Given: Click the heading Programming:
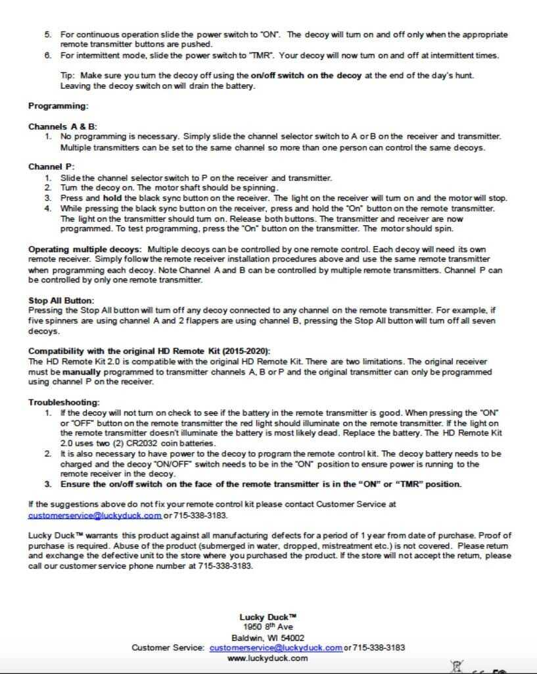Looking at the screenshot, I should (58, 105).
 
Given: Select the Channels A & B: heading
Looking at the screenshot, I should (62, 126).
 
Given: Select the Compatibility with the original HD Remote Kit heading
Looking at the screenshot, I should (149, 351).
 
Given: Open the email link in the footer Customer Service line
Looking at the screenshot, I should (276, 648).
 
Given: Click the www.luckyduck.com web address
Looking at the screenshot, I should (268, 658).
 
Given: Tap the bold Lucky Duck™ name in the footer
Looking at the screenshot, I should (268, 617).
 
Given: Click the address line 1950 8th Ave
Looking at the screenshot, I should (268, 627).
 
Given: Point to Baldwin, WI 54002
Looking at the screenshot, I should (268, 638).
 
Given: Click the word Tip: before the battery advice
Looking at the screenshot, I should (69, 76).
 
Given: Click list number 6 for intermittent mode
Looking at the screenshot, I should (48, 55).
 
